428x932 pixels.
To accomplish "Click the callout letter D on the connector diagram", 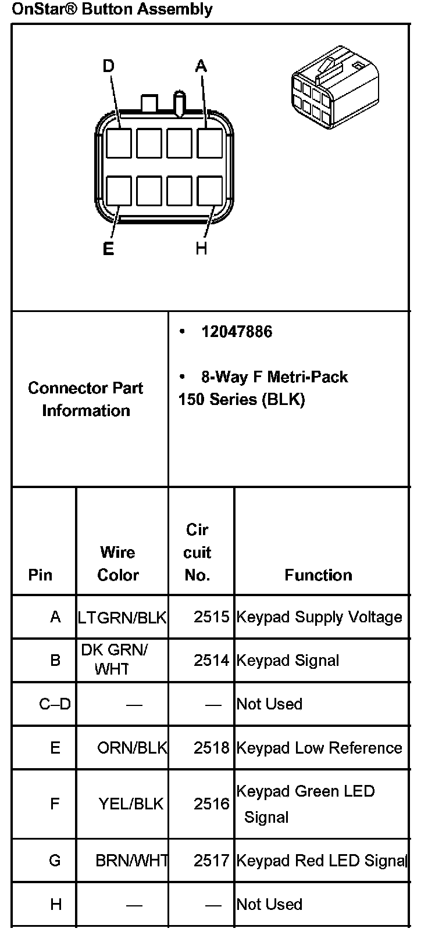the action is pos(108,66).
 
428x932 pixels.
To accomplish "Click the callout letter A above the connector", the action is pos(201,66).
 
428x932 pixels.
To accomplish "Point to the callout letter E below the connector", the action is pos(108,249).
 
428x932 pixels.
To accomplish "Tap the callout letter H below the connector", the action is pos(201,249).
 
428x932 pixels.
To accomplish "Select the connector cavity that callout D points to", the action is pos(119,143).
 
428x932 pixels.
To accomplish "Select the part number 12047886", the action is pos(237,332).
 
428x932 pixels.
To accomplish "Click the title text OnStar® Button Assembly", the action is pos(112,9).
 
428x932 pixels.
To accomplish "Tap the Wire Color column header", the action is pos(118,563).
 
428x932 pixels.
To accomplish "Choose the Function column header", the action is pos(318,575).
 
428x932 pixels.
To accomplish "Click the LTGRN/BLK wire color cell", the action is pos(122,617).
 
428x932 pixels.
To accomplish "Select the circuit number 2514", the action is pos(212,661).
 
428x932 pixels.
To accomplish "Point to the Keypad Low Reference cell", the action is pos(319,748).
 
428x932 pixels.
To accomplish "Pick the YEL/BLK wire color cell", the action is pos(131,804).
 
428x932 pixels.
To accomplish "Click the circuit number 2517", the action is pos(212,861).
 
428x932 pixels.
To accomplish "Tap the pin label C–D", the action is pos(55,704).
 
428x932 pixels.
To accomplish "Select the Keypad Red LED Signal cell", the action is pos(321,861).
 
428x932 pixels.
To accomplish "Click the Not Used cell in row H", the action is pos(269,904).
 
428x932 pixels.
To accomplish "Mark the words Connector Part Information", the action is pos(85,399).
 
